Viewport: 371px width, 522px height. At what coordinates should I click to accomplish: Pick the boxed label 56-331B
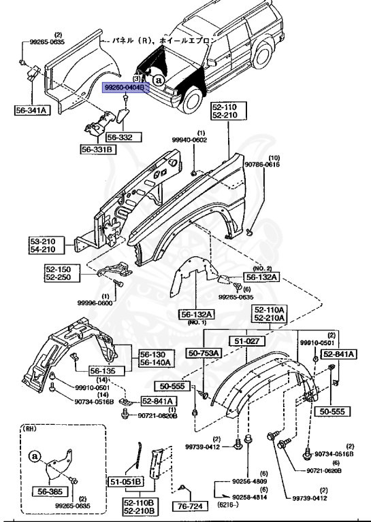(99, 150)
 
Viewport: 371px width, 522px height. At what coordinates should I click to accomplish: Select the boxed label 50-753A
(204, 353)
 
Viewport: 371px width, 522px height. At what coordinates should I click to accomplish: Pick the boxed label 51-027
(244, 341)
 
